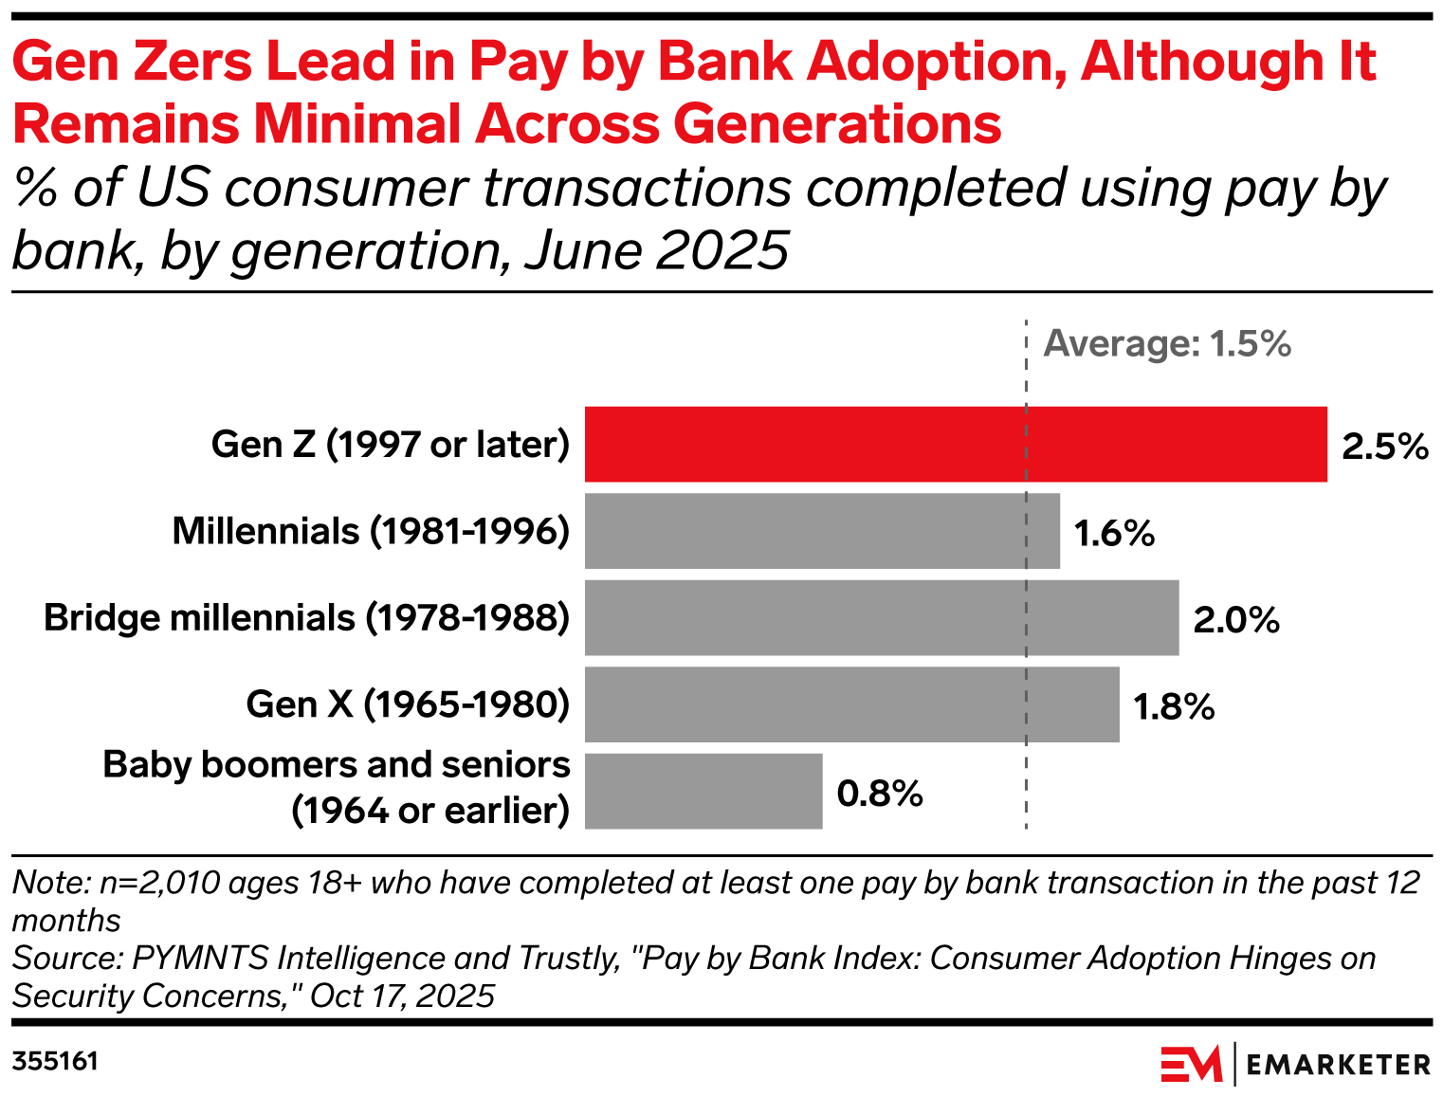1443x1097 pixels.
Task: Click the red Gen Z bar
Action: (955, 444)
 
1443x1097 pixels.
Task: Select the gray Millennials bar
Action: (821, 531)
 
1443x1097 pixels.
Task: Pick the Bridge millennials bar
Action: (881, 617)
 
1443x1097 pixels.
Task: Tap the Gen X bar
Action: (851, 704)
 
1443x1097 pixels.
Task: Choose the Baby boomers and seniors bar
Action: (703, 791)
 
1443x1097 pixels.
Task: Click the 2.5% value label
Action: (1384, 446)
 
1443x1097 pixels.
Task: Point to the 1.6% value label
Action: (1114, 534)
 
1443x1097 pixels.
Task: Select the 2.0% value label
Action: (1235, 620)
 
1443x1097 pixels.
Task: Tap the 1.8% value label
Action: (1174, 707)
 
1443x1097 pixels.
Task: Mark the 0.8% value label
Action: (879, 794)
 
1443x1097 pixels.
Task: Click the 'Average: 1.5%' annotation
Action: (1167, 343)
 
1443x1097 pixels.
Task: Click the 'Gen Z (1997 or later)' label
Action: (391, 444)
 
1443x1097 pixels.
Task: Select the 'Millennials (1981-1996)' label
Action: (371, 531)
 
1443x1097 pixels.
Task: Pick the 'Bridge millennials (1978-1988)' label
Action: (306, 617)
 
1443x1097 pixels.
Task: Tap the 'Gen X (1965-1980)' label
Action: (408, 704)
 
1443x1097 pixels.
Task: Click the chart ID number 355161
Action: (55, 1061)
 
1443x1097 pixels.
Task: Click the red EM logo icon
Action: (1191, 1064)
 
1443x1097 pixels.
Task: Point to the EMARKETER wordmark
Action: (1338, 1065)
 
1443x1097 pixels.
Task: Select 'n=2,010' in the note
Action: (160, 883)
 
